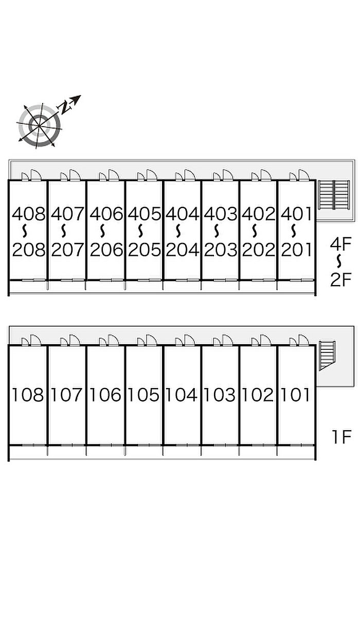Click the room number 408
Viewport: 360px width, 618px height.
(x=29, y=214)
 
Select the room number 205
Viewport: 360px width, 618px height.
(x=144, y=250)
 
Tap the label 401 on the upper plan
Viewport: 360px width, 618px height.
(x=296, y=214)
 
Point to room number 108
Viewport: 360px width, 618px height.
(x=28, y=395)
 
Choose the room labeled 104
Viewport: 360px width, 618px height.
(x=182, y=395)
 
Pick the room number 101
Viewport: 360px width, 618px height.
(x=295, y=395)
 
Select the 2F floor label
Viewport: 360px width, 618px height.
(x=340, y=279)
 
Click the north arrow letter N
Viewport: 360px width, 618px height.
(x=65, y=107)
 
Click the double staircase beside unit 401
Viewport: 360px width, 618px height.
(x=334, y=195)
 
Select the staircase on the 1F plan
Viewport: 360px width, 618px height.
(x=327, y=356)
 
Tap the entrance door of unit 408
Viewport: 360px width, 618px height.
(x=36, y=175)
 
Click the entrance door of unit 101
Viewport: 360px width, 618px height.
(x=303, y=340)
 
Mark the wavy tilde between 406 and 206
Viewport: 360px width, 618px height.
(x=102, y=231)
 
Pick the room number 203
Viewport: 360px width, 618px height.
(x=221, y=250)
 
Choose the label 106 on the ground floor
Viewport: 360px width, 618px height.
(x=105, y=395)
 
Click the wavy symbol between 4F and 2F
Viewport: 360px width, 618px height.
(x=339, y=261)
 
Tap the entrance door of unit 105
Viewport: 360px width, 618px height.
(x=152, y=340)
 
